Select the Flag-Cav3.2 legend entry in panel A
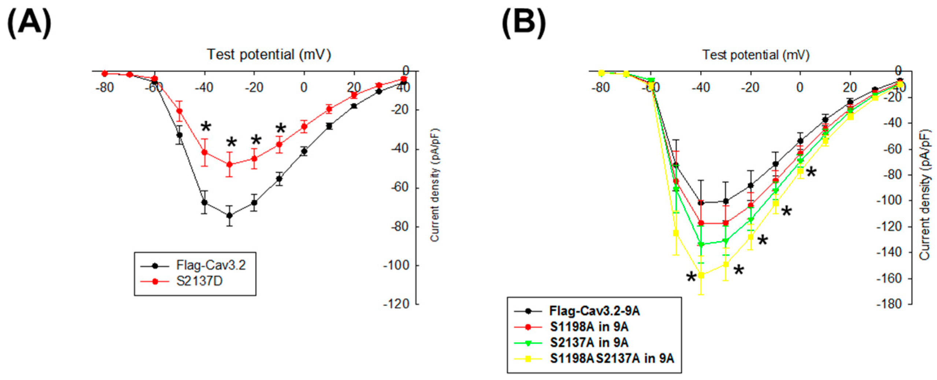(210, 265)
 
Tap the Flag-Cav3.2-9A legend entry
(594, 311)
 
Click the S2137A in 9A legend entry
(589, 342)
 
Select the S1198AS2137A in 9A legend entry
(612, 358)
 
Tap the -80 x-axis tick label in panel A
(104, 87)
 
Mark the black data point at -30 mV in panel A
(230, 215)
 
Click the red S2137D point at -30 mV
(230, 164)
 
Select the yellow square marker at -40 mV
(701, 275)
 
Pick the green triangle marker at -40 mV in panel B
(701, 244)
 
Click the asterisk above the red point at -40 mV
(206, 128)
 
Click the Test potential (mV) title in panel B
(756, 55)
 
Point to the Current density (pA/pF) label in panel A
(435, 185)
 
